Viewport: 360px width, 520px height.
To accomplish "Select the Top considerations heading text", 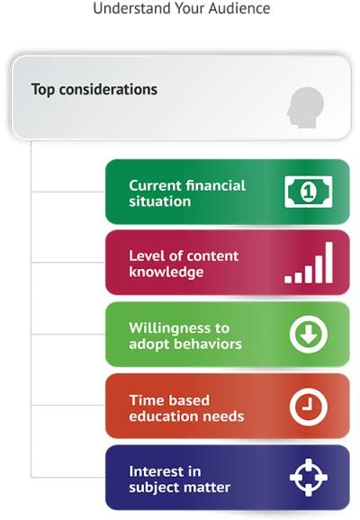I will tap(94, 90).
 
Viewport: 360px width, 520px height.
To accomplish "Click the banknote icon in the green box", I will tap(308, 192).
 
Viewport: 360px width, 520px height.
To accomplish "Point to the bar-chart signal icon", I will tap(309, 263).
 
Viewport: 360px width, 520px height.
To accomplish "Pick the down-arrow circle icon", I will tap(309, 335).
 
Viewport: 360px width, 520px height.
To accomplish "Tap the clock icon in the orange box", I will tap(309, 407).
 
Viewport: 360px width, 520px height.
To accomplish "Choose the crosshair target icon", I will tap(309, 479).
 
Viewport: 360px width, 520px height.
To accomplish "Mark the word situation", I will tap(159, 201).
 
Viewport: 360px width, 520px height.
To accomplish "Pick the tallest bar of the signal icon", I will tap(328, 262).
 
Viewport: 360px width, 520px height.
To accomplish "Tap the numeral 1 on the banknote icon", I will tap(308, 192).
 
